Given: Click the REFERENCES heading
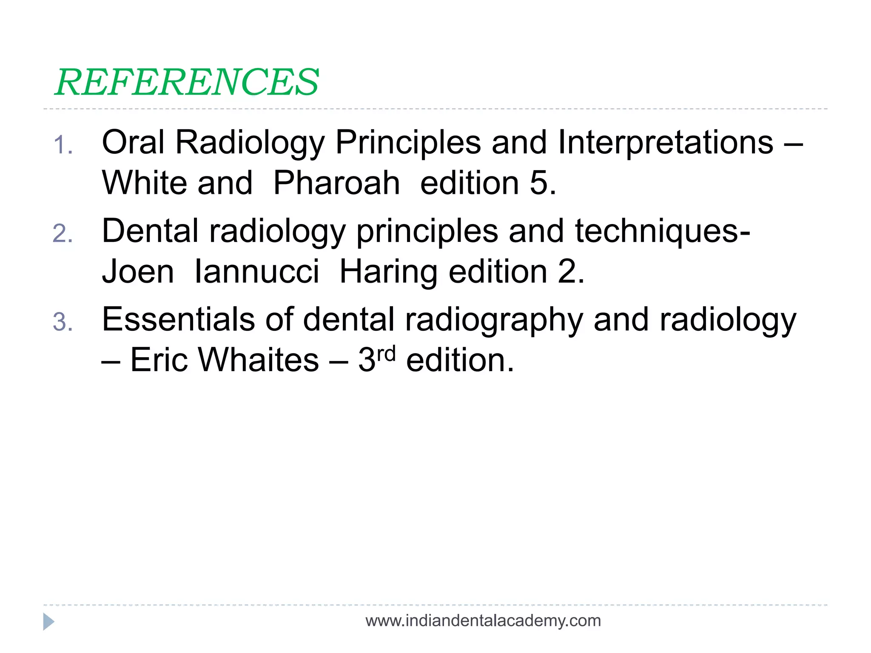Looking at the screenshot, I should (x=187, y=82).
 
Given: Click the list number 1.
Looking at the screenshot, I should (x=63, y=145).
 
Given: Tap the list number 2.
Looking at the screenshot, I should (x=63, y=234).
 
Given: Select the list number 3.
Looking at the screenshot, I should (x=63, y=322).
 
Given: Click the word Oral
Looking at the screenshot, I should (x=133, y=142).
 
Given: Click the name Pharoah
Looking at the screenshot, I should (x=336, y=183).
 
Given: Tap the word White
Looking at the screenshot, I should (x=145, y=183).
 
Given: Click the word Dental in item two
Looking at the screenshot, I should (x=150, y=231).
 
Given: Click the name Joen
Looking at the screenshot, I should (x=138, y=272).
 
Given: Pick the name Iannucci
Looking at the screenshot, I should (x=256, y=272).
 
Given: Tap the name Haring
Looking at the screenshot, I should (x=388, y=272).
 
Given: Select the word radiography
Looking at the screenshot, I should (x=494, y=319).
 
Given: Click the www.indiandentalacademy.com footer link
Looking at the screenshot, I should (x=483, y=621).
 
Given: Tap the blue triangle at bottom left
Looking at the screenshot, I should (x=48, y=622).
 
